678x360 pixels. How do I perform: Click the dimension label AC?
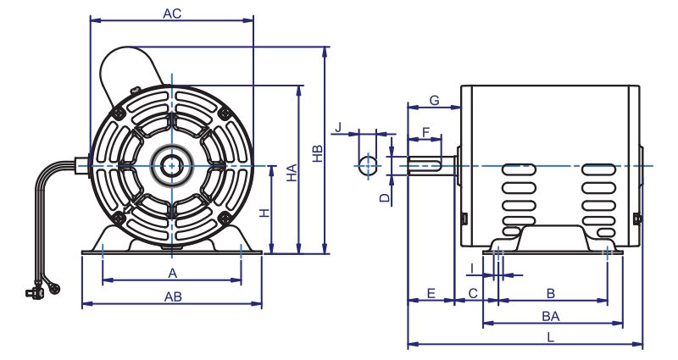pyautogui.click(x=172, y=14)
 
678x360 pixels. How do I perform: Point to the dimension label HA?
pyautogui.click(x=291, y=174)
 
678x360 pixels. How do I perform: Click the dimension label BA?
pyautogui.click(x=551, y=315)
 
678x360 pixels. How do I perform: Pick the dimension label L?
pyautogui.click(x=550, y=337)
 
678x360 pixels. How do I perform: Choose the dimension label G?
pyautogui.click(x=433, y=101)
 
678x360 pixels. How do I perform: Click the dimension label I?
pyautogui.click(x=470, y=269)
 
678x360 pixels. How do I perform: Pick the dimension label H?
pyautogui.click(x=264, y=213)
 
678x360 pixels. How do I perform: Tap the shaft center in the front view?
pyautogui.click(x=172, y=165)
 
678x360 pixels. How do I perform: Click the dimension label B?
pyautogui.click(x=551, y=293)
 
